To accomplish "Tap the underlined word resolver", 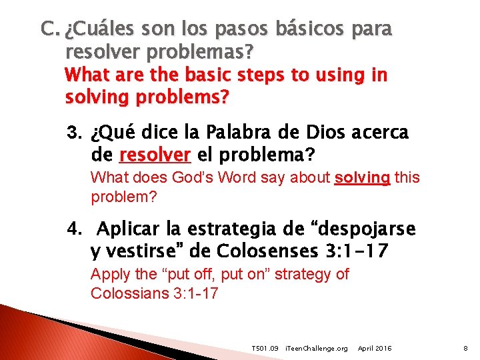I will [155, 156].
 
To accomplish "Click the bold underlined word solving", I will [362, 178].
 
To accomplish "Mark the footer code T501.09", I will [264, 349].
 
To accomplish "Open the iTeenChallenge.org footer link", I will [316, 349].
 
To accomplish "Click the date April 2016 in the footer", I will [375, 349].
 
